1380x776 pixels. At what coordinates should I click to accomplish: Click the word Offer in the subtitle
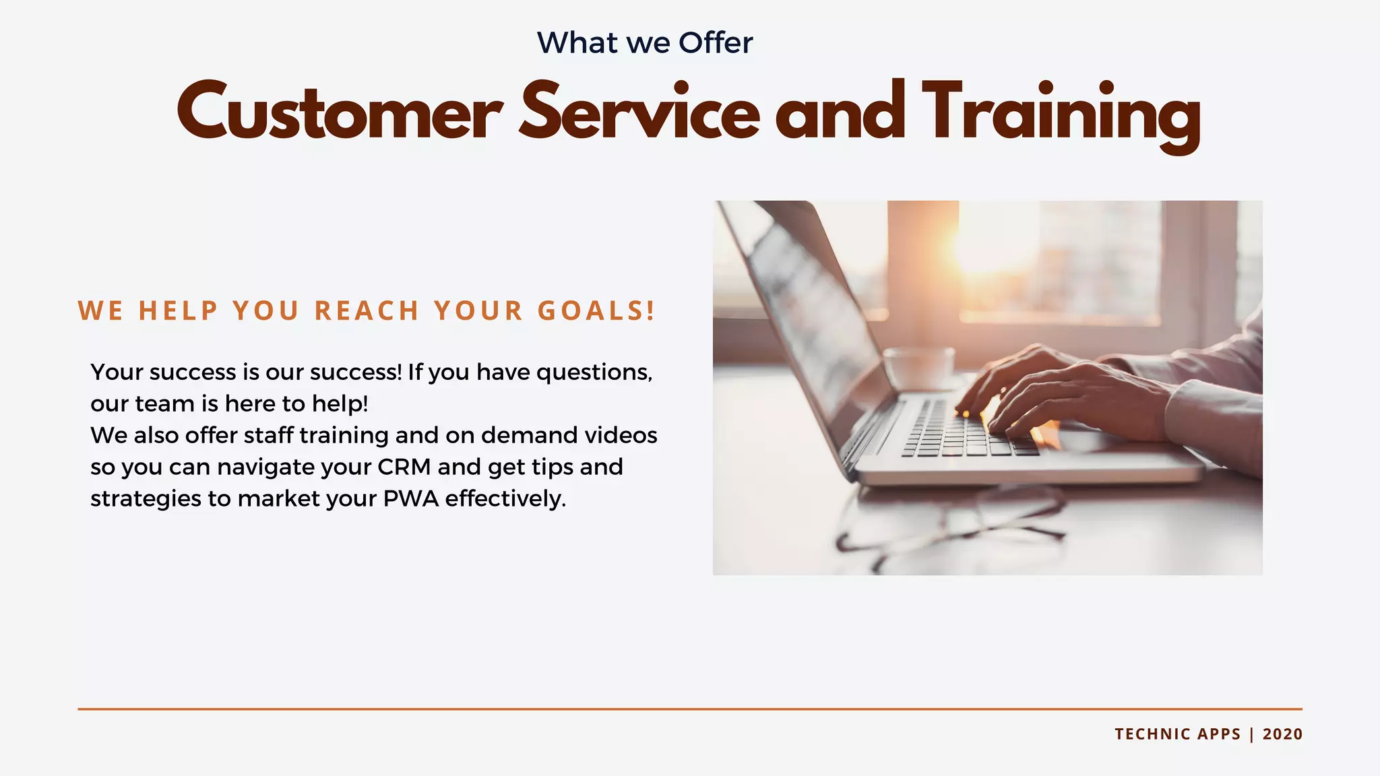click(716, 43)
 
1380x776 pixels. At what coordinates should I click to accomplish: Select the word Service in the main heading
click(639, 112)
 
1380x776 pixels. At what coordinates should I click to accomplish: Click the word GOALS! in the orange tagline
click(596, 311)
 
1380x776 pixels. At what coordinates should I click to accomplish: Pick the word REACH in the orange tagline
click(367, 311)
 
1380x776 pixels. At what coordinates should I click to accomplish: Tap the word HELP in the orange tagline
click(179, 311)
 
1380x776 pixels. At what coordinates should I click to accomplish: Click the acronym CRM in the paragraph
click(404, 467)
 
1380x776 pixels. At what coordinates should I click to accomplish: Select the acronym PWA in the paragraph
click(411, 498)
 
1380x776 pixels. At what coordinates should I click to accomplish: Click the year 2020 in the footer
click(1282, 734)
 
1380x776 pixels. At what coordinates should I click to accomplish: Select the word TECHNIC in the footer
click(1148, 734)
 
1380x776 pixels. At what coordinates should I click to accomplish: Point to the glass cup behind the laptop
click(918, 367)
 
